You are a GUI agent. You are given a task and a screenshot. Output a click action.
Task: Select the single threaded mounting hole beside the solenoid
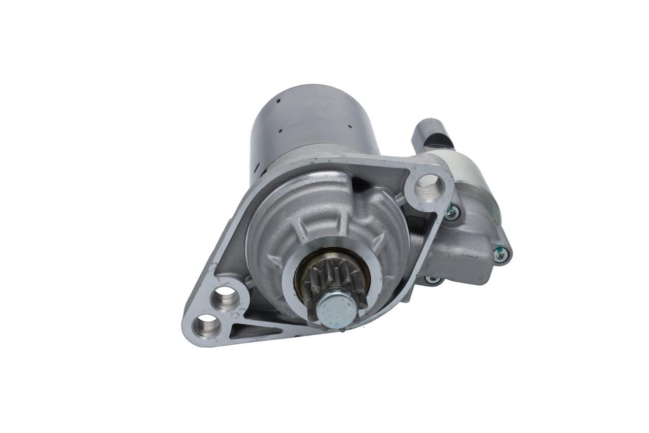[429, 187]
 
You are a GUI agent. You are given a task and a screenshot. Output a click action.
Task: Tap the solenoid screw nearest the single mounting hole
[451, 213]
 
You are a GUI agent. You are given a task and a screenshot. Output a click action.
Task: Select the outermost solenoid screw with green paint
[500, 256]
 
